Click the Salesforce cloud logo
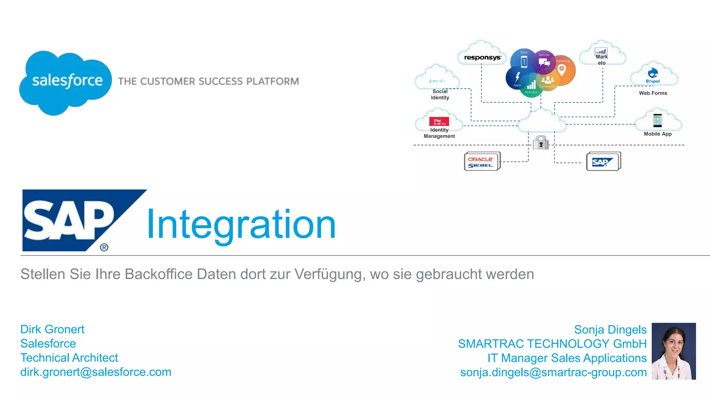[66, 82]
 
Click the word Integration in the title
[241, 224]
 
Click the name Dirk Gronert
[52, 329]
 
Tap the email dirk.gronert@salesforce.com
[96, 372]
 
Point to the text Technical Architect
[69, 357]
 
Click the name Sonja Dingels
[610, 329]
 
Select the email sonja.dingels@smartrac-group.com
[553, 372]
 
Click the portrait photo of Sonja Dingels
[674, 351]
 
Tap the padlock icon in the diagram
[541, 142]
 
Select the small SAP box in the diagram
[603, 162]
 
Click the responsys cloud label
[482, 57]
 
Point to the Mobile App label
[658, 134]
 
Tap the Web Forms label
[653, 93]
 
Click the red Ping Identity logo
[439, 122]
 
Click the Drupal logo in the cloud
[653, 75]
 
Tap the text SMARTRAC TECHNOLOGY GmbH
[552, 344]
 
